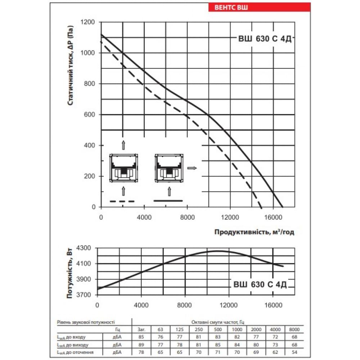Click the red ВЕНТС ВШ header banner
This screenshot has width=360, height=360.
[x=259, y=8]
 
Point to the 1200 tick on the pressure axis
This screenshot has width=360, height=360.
[x=88, y=22]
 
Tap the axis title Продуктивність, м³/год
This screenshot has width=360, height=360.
[x=254, y=232]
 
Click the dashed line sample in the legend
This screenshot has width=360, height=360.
[x=122, y=201]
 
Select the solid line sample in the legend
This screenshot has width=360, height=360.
[x=168, y=201]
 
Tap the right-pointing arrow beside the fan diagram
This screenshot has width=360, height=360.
[x=192, y=168]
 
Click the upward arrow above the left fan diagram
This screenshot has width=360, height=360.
[x=123, y=145]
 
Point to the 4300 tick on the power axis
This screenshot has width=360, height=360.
[x=85, y=248]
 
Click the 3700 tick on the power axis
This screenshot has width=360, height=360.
[x=85, y=295]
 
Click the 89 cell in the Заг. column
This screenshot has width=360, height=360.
[x=141, y=344]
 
